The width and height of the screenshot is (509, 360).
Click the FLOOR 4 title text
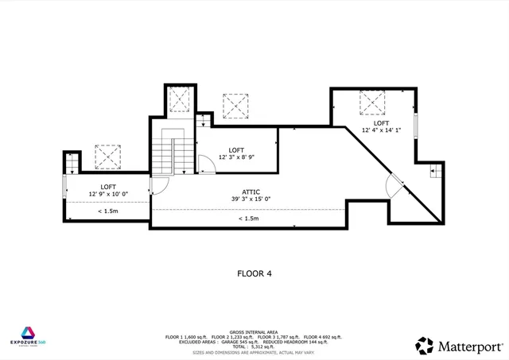point(254,273)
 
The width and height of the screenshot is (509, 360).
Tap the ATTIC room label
point(251,192)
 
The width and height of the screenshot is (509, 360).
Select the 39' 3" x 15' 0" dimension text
point(251,199)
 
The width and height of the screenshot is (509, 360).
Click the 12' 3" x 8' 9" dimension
point(237,157)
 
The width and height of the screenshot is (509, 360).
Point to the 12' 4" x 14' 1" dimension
point(381,130)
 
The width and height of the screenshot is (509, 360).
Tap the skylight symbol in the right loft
point(372,103)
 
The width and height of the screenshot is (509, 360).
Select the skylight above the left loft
point(107,156)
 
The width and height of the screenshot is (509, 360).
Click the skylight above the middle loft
point(235,105)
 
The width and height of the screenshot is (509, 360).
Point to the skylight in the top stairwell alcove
point(180,99)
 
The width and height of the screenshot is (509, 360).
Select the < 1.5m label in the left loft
point(109,211)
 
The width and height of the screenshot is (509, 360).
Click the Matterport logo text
point(469,346)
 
